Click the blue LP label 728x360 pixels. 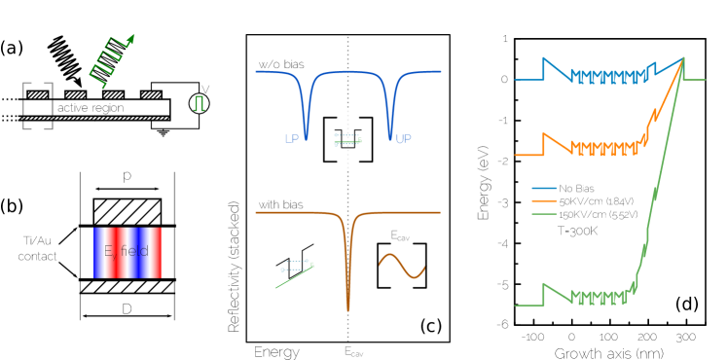tap(292, 139)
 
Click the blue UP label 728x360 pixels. tap(403, 139)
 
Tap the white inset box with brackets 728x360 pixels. tap(348, 139)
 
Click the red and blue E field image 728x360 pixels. tap(127, 253)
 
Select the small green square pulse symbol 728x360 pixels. tap(200, 103)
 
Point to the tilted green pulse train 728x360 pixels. tap(110, 61)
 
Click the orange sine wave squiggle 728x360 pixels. tap(402, 266)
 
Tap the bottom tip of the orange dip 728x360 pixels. tap(348, 309)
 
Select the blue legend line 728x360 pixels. tap(544, 188)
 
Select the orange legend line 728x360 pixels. tap(544, 200)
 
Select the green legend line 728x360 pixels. tap(544, 213)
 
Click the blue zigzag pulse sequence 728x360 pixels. tap(608, 77)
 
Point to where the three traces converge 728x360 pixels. tap(683, 59)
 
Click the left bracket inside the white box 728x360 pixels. tap(328, 138)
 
